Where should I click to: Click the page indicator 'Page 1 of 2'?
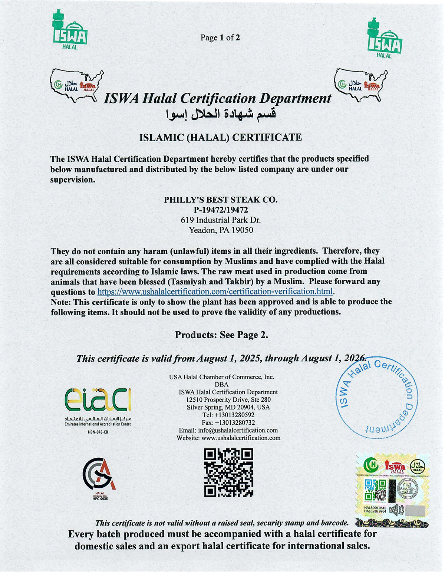pyautogui.click(x=220, y=37)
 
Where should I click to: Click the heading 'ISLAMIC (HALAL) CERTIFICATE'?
pyautogui.click(x=220, y=138)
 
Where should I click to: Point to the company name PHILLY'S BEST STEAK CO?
pyautogui.click(x=221, y=200)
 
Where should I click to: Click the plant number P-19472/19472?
pyautogui.click(x=221, y=210)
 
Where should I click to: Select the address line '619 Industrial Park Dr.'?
pyautogui.click(x=221, y=220)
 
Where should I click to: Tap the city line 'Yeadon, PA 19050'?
pyautogui.click(x=221, y=230)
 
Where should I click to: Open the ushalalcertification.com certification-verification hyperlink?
pyautogui.click(x=215, y=292)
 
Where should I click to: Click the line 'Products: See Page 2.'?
pyautogui.click(x=221, y=335)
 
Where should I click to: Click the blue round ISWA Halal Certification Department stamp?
pyautogui.click(x=377, y=397)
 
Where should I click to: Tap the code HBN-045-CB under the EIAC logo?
pyautogui.click(x=98, y=432)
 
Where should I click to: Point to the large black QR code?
pyautogui.click(x=229, y=473)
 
